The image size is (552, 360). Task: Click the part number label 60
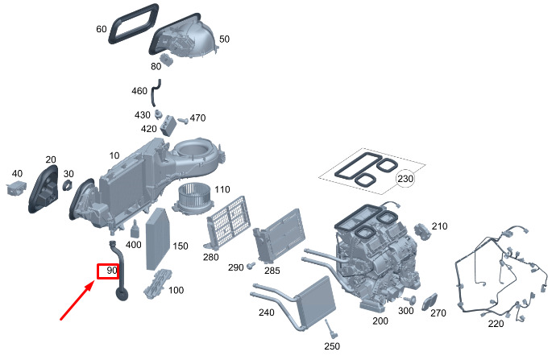tap(101, 29)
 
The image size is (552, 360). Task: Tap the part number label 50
tap(224, 39)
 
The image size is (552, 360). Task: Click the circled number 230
tap(405, 179)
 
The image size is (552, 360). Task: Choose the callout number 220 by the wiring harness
tap(496, 324)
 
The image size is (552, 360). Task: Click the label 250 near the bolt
tap(331, 346)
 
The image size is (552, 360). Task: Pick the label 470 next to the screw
tap(197, 118)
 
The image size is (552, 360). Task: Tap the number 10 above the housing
tap(114, 155)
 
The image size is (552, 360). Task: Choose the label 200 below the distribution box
tap(380, 321)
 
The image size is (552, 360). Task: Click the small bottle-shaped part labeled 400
tap(135, 230)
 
